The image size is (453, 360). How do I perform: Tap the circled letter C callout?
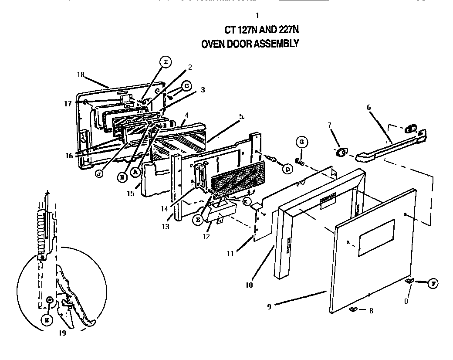coord(186,86)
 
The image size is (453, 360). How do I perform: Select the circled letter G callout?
coord(301,142)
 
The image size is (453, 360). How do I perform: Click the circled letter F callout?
coord(433,283)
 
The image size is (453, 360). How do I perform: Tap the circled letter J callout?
coord(99,173)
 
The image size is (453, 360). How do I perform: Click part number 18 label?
coord(81,75)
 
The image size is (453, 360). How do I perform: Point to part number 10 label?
coord(248,285)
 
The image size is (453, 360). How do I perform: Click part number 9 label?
coord(269,307)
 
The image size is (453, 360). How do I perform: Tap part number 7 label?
coord(329,125)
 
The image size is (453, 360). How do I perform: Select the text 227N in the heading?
coord(286,30)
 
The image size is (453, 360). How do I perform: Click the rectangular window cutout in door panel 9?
coord(376,238)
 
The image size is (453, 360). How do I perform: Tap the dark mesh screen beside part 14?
coord(239,179)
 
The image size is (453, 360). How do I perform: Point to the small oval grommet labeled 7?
coord(341,152)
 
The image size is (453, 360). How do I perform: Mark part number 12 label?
coord(206,237)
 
